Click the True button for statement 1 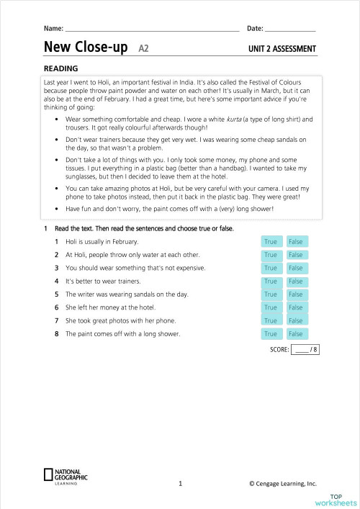pyautogui.click(x=271, y=242)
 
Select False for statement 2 pyautogui.click(x=295, y=255)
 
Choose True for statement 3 pyautogui.click(x=271, y=268)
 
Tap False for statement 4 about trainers pyautogui.click(x=295, y=281)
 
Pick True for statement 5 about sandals pyautogui.click(x=271, y=294)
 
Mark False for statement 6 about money pyautogui.click(x=295, y=307)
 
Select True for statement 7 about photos pyautogui.click(x=271, y=320)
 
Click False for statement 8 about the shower pyautogui.click(x=295, y=334)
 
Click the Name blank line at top pyautogui.click(x=151, y=29)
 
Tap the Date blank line pyautogui.click(x=290, y=29)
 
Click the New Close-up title pyautogui.click(x=86, y=48)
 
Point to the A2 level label pyautogui.click(x=143, y=50)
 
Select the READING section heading pyautogui.click(x=60, y=69)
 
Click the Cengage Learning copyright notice pyautogui.click(x=283, y=485)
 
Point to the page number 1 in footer pyautogui.click(x=180, y=485)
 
